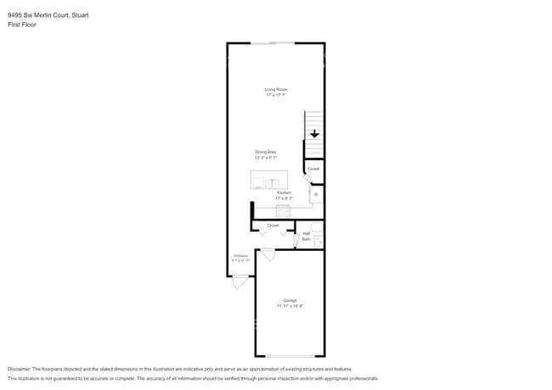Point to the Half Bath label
[306, 237]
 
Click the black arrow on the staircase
[314, 134]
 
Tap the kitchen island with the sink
[268, 180]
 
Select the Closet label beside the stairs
[313, 169]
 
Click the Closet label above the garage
[273, 226]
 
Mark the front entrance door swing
[240, 281]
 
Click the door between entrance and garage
[268, 253]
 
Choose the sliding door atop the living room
[273, 42]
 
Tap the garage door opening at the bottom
[290, 356]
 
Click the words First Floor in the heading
[22, 25]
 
